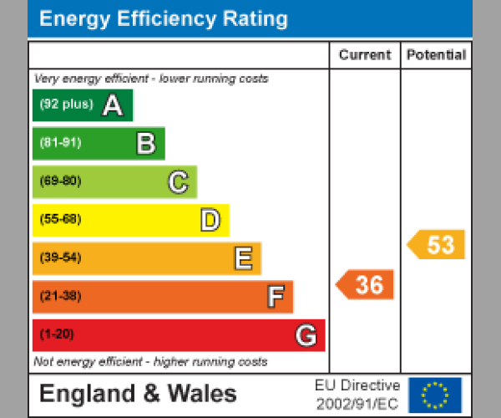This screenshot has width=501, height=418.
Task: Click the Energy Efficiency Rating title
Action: point(164,19)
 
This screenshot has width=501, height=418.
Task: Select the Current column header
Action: point(365,55)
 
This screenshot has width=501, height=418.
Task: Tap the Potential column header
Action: point(436,55)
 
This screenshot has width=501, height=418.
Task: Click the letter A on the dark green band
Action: point(112,105)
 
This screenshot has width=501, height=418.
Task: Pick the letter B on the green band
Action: point(145,144)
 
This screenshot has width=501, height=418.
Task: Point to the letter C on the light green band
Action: point(178,181)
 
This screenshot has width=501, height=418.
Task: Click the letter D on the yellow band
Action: point(210,220)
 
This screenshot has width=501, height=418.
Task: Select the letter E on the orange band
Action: point(242,258)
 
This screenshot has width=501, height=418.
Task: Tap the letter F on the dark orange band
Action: point(275,297)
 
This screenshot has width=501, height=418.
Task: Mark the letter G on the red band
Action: point(306,335)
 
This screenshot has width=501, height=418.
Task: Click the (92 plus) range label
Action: point(67,105)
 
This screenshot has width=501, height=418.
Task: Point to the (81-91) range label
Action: point(60,143)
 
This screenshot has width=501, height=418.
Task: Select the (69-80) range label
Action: point(60,181)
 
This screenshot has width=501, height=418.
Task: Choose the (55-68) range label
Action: point(60,220)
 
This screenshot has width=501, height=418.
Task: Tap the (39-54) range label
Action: point(60,258)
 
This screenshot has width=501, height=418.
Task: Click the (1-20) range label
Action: point(57,335)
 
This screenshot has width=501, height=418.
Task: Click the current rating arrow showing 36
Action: point(366,285)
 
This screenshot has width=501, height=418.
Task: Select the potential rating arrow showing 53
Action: point(437,245)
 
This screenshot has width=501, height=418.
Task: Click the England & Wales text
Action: point(138,394)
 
